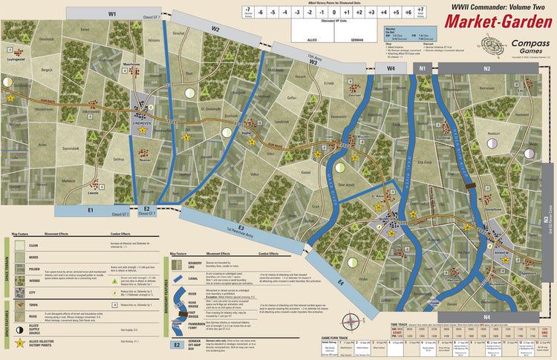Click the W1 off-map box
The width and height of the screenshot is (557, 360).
tap(113, 13)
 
